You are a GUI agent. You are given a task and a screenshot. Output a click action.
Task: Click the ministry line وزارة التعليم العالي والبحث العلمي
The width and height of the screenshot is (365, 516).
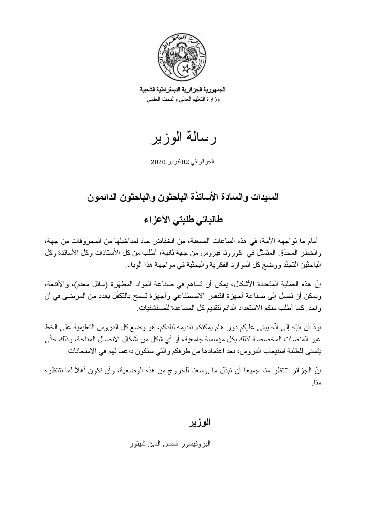183,100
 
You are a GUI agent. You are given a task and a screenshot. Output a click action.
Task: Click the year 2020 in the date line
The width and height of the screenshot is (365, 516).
158,162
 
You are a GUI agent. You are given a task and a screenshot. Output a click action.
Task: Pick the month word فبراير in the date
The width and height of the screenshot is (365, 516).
174,162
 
